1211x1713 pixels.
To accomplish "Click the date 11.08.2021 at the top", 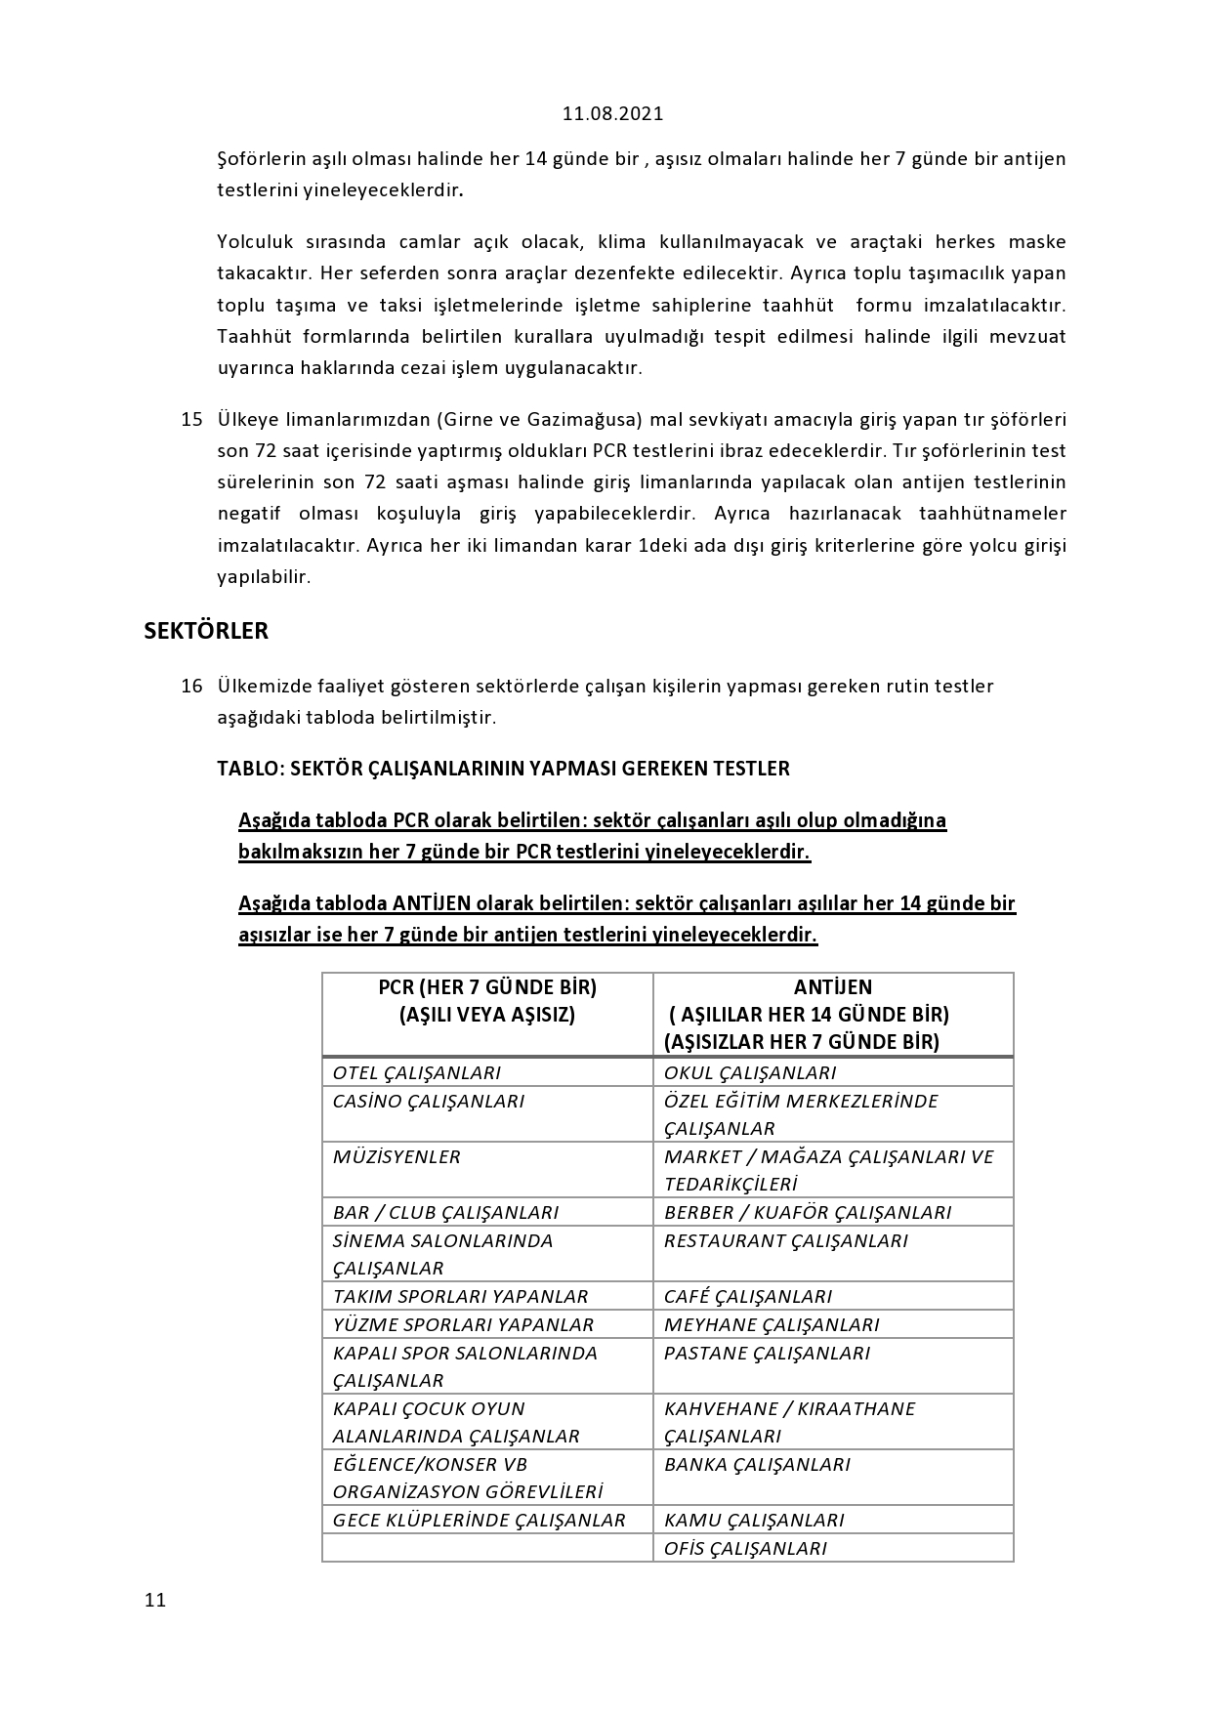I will (x=612, y=113).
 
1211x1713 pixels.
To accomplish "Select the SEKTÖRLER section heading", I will (x=206, y=631).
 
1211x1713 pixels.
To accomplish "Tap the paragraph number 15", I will (x=191, y=420).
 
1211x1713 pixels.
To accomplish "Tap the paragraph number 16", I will (x=191, y=686).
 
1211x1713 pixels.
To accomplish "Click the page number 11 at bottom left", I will (x=155, y=1600).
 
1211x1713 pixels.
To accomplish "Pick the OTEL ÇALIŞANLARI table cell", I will (x=417, y=1072).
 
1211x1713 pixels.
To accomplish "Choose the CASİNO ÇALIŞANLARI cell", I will (x=429, y=1101).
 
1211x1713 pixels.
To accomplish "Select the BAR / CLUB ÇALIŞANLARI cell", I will (x=445, y=1212).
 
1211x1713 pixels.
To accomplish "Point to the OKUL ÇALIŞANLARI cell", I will (x=750, y=1072).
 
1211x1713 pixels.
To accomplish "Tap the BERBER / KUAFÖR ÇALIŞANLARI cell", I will (x=808, y=1212).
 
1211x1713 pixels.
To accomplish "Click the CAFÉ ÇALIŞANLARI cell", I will (x=748, y=1296).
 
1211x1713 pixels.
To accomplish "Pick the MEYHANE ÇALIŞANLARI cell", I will (x=772, y=1324).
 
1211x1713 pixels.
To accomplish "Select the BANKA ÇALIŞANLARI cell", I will (x=757, y=1464).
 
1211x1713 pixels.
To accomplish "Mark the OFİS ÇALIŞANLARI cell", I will (x=745, y=1548).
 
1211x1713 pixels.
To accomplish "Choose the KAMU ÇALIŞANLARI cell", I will (x=754, y=1520).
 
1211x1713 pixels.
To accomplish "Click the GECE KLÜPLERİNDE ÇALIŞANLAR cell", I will (x=479, y=1520).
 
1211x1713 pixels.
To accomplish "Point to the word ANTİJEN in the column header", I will (x=833, y=987).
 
